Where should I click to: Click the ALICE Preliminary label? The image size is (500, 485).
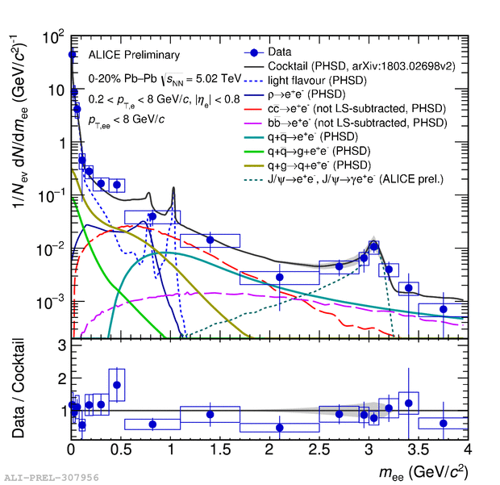tap(134, 55)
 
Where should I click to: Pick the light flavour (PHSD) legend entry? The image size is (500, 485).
tap(318, 80)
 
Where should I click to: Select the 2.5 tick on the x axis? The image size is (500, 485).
tap(319, 449)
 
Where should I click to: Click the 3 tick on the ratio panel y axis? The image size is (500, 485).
tap(60, 346)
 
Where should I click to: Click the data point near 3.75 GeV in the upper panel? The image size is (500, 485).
tap(443, 309)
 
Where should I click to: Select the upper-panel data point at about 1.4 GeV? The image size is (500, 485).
tap(210, 240)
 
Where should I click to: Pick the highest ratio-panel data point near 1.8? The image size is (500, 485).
tap(117, 385)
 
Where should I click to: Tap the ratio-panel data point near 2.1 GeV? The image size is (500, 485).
tap(280, 428)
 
